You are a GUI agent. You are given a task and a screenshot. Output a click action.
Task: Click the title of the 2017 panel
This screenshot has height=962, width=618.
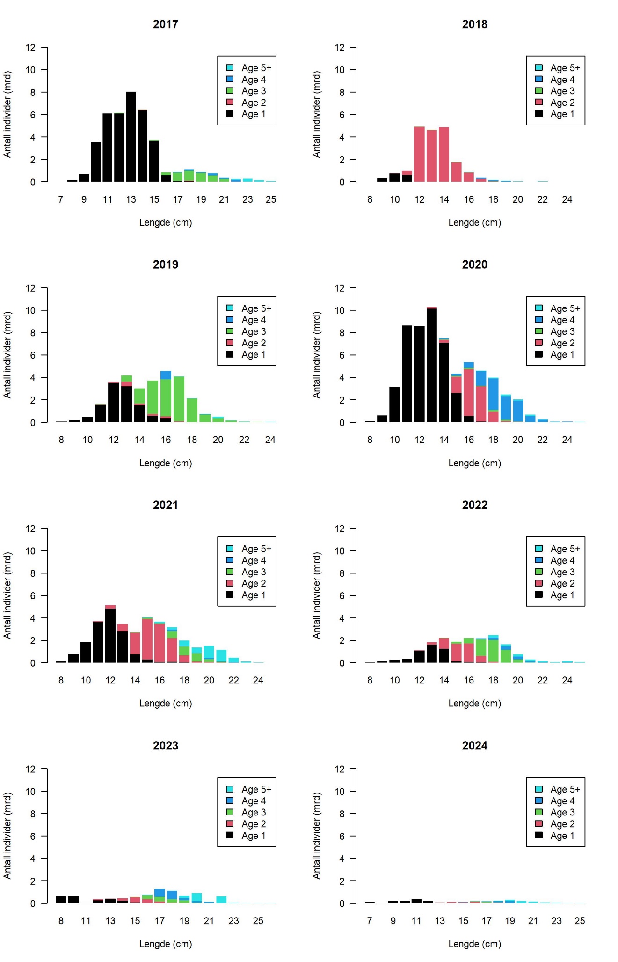coord(165,24)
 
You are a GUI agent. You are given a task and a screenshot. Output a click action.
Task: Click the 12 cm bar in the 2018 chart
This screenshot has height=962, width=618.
coord(419,154)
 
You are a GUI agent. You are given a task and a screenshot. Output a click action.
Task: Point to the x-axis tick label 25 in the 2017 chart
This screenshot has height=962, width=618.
coord(271,200)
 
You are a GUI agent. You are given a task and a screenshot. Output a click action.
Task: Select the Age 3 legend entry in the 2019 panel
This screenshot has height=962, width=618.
coord(253,332)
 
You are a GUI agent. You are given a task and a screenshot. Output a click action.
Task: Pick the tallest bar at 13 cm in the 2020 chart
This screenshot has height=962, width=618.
coord(432,365)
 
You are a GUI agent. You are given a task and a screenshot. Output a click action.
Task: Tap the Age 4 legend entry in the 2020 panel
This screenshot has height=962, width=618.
coord(562,320)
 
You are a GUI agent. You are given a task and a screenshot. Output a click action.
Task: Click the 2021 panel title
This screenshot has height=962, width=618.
coord(165,505)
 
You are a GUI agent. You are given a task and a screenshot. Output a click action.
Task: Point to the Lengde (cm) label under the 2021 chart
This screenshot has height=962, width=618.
coord(166,704)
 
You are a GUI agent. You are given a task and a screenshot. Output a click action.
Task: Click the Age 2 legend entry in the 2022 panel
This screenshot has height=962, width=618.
coord(562,584)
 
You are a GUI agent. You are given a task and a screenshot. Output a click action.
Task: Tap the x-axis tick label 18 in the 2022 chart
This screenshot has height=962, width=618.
coord(493,681)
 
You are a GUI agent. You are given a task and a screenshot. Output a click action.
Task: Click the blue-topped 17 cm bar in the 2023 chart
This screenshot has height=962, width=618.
coord(160,896)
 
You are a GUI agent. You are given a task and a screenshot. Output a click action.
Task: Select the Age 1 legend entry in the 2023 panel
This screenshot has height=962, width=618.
coord(253,836)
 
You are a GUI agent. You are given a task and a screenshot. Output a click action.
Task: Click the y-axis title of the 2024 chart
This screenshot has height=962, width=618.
coord(317,836)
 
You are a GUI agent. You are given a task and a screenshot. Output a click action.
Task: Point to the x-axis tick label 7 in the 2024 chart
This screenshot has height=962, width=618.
coord(370,921)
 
